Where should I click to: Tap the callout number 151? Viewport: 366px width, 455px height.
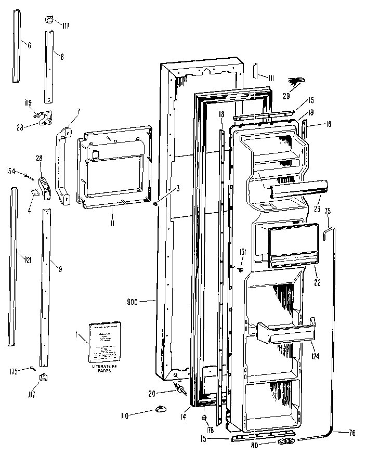click(x=242, y=252)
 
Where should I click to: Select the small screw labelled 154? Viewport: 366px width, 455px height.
click(x=26, y=176)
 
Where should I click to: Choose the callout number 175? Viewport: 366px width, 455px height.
click(x=13, y=371)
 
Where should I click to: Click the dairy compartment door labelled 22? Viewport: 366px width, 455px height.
click(x=291, y=244)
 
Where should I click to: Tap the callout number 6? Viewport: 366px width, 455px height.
click(x=29, y=46)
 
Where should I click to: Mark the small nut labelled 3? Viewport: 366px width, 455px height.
click(x=155, y=202)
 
